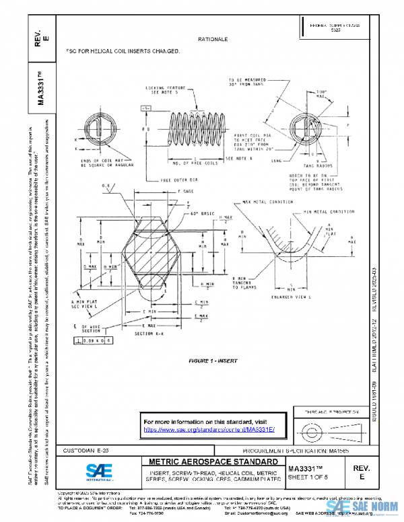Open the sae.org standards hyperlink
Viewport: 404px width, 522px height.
click(209, 429)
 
